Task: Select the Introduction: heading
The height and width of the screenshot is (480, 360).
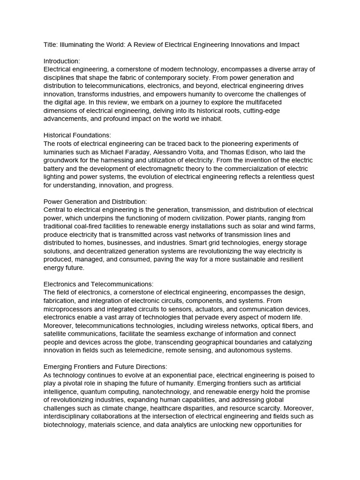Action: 62,61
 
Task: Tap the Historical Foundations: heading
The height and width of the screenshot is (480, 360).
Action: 77,135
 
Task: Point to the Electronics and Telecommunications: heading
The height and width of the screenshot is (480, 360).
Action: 98,284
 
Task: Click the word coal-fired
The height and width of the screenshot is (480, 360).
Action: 93,226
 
